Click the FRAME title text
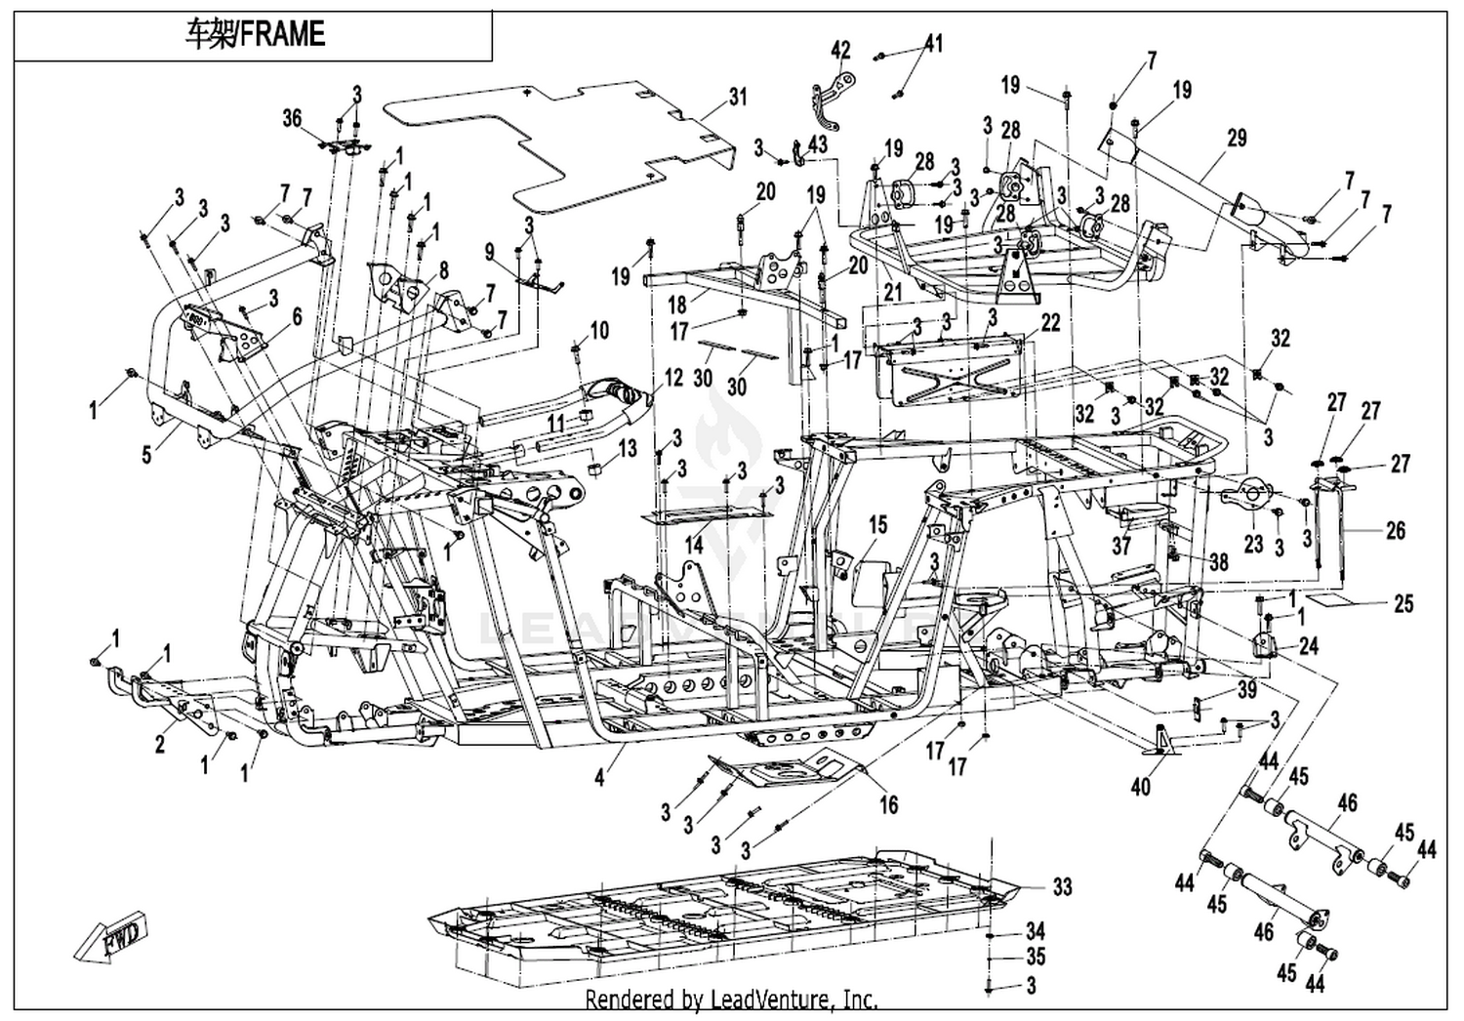tap(255, 34)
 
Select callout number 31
tap(738, 98)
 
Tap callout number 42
tap(840, 50)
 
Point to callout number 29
tap(1238, 139)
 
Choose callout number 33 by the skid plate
tap(1062, 887)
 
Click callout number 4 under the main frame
tap(599, 778)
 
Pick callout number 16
tap(889, 804)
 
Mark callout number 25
tap(1403, 603)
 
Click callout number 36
tap(292, 118)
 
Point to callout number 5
tap(146, 455)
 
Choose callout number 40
tap(1140, 787)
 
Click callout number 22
tap(1050, 323)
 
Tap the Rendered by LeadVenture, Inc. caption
tap(731, 1000)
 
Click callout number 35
tap(1036, 957)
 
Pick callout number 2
tap(160, 745)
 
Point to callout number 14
tap(693, 544)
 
